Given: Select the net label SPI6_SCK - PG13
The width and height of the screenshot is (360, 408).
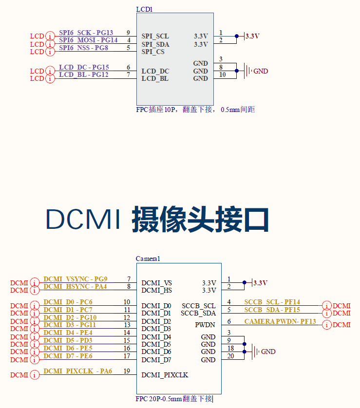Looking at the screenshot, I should pyautogui.click(x=86, y=33).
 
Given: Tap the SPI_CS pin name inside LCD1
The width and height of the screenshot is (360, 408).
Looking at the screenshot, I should pyautogui.click(x=153, y=52).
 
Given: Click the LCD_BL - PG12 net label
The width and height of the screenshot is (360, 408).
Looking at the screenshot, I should pyautogui.click(x=83, y=74).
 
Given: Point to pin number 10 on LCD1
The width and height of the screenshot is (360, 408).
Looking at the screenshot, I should pyautogui.click(x=222, y=74).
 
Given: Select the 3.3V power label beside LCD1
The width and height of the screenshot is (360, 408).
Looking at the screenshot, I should pyautogui.click(x=252, y=36).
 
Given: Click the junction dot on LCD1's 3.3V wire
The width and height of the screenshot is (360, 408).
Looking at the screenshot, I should pyautogui.click(x=237, y=36).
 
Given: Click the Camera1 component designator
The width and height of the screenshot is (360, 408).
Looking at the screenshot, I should pyautogui.click(x=148, y=259).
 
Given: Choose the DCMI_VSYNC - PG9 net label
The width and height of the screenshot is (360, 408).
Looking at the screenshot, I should pyautogui.click(x=75, y=279).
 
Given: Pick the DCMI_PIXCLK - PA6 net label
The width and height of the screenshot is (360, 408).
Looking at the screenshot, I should pyautogui.click(x=77, y=371).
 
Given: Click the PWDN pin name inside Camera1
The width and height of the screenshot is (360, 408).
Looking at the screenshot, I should pyautogui.click(x=205, y=324).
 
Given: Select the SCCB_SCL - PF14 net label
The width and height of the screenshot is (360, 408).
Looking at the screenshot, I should pyautogui.click(x=272, y=302).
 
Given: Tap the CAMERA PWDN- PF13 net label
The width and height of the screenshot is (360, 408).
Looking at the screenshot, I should pyautogui.click(x=280, y=321).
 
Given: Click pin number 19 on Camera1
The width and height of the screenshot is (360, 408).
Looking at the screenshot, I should pyautogui.click(x=127, y=371).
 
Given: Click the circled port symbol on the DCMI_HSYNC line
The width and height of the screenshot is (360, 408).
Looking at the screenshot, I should pyautogui.click(x=35, y=290).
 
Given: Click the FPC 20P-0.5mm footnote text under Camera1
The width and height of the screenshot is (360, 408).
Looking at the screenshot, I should pyautogui.click(x=174, y=399).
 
